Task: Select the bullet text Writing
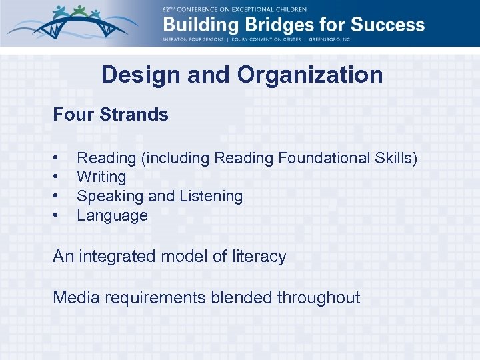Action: pos(101,177)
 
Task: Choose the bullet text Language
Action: pos(112,216)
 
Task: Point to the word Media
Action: pos(75,297)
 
